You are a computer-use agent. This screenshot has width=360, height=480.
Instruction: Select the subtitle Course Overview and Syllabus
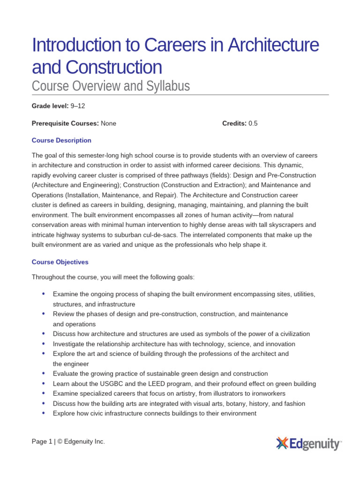point(111,86)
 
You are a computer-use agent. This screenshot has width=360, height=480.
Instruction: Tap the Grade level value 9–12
point(78,106)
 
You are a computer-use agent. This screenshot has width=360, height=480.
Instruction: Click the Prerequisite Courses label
point(65,123)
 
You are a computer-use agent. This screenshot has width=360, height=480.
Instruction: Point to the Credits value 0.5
point(253,123)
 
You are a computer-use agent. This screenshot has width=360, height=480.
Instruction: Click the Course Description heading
point(61,140)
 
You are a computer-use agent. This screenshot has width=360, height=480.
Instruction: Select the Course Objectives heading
point(60,262)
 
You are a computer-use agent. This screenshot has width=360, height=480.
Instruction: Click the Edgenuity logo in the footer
point(308,443)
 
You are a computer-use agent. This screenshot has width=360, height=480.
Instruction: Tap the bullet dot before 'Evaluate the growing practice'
point(44,373)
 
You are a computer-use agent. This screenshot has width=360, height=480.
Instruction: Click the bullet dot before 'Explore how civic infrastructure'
point(44,413)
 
